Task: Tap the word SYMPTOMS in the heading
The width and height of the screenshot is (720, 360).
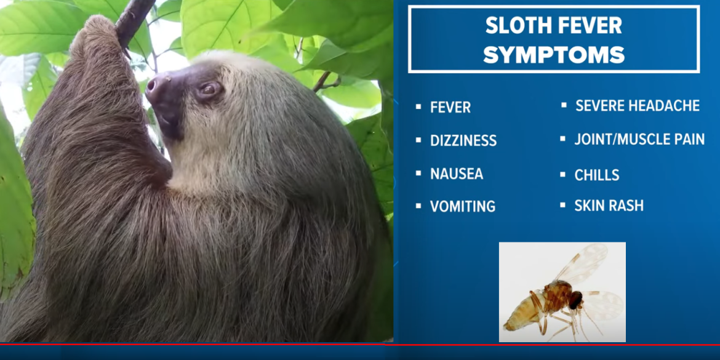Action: (x=554, y=55)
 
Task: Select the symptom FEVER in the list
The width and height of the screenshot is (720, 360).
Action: (x=450, y=107)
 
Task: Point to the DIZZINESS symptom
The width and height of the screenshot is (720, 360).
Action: (x=463, y=140)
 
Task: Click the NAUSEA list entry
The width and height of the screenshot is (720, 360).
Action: (x=457, y=174)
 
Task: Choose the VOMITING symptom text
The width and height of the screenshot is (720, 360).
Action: (x=463, y=207)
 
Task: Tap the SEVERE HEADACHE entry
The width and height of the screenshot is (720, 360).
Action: (x=638, y=106)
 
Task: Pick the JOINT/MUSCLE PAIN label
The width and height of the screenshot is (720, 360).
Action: (x=639, y=139)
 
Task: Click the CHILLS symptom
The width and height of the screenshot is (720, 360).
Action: (x=597, y=175)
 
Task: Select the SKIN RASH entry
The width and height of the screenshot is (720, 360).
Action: (x=609, y=206)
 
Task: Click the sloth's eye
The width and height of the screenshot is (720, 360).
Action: (x=209, y=89)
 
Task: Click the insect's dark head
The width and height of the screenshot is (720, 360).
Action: (x=576, y=300)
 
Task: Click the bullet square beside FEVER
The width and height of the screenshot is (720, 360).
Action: (x=418, y=107)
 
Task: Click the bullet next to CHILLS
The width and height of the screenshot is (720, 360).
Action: (x=562, y=175)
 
